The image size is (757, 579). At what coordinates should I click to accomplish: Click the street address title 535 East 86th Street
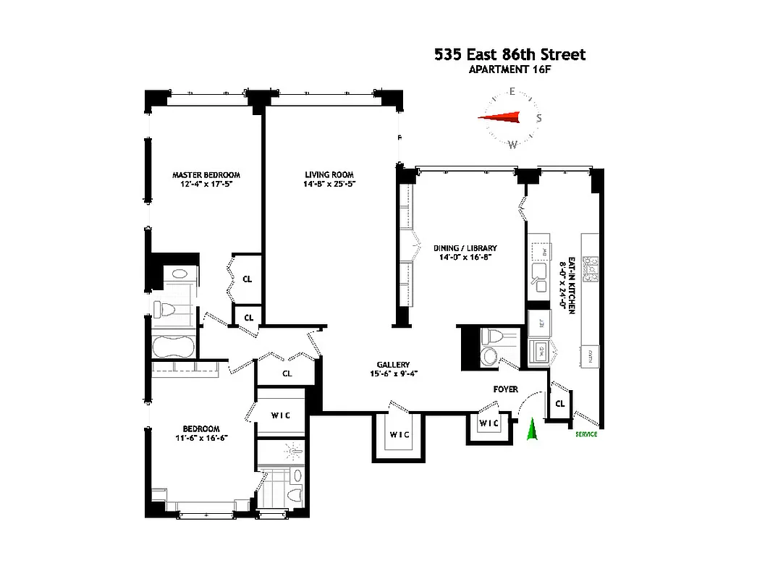click(509, 54)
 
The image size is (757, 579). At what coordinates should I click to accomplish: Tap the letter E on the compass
click(512, 91)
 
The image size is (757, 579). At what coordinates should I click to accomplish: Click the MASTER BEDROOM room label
click(206, 174)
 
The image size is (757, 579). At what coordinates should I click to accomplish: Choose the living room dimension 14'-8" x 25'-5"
click(328, 184)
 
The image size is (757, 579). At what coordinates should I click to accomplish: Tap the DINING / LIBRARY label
click(465, 248)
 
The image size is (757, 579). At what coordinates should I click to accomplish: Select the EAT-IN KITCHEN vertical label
click(572, 285)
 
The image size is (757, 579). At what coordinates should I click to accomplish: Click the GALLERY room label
click(393, 364)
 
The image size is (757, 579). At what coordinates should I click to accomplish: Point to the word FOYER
click(505, 389)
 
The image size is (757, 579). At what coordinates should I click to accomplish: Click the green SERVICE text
click(586, 434)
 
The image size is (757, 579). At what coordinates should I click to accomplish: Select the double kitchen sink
click(539, 272)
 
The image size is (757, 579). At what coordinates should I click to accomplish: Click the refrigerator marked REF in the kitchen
click(538, 324)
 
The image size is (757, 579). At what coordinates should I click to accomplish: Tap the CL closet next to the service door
click(560, 405)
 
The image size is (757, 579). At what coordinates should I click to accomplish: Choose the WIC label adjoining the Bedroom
click(281, 415)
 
